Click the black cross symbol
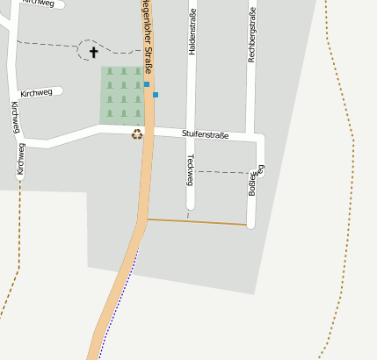(x=94, y=53)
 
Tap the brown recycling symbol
(x=137, y=134)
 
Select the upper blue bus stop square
(x=147, y=84)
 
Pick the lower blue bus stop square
(x=156, y=94)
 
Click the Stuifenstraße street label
(x=205, y=134)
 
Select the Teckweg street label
(x=190, y=169)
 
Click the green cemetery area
(x=122, y=93)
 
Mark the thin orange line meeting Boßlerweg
(x=198, y=221)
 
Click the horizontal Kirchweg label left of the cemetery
(x=35, y=92)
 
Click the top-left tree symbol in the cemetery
(x=110, y=72)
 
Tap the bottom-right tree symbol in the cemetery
(x=138, y=113)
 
